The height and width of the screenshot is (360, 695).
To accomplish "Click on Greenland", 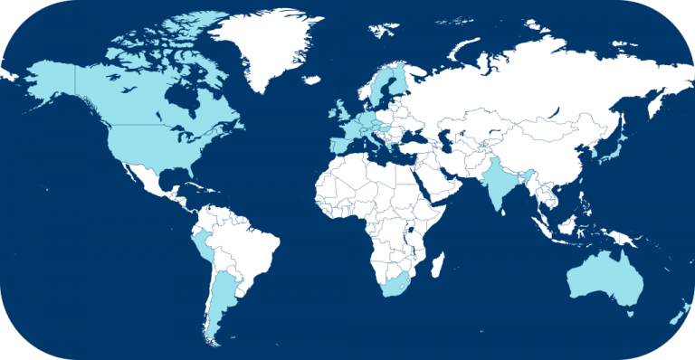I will point(271,45).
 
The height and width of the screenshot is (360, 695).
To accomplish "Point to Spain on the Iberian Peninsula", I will point(338,145).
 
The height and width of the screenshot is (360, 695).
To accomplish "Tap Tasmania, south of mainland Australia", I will point(627,312).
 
